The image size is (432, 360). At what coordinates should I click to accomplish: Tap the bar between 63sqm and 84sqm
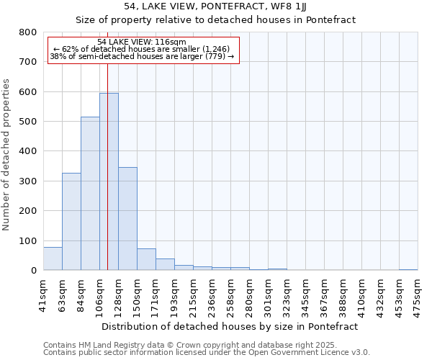click(71, 222)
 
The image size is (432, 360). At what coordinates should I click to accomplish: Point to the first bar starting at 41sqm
click(53, 258)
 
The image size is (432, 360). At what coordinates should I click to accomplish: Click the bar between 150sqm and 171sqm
click(146, 259)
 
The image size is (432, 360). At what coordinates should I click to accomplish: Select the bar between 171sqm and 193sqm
click(165, 264)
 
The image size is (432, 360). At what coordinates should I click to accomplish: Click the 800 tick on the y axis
click(28, 32)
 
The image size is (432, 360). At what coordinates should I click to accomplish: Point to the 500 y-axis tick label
click(28, 122)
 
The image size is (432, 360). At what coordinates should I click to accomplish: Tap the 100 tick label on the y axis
click(28, 241)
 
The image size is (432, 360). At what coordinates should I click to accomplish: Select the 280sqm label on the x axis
click(249, 294)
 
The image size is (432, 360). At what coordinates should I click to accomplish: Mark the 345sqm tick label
click(305, 294)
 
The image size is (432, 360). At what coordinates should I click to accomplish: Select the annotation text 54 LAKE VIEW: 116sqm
click(141, 42)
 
